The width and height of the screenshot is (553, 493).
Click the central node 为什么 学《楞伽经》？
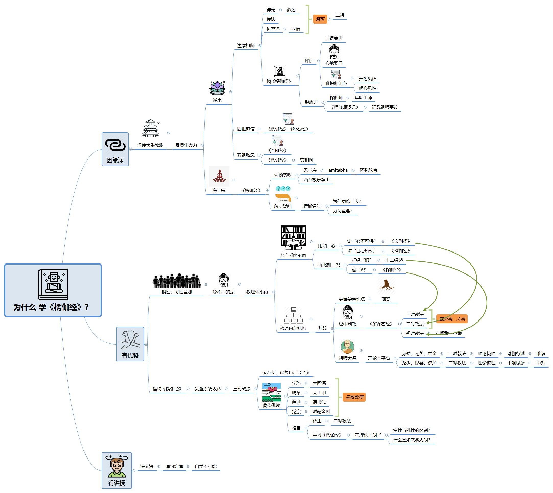tap(53, 290)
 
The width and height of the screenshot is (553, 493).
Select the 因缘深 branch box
tap(115, 149)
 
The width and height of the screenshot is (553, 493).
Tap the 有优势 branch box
tap(130, 344)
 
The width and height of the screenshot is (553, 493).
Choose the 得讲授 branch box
tap(117, 471)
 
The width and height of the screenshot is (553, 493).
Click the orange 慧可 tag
tap(320, 19)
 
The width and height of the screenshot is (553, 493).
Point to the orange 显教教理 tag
tap(354, 397)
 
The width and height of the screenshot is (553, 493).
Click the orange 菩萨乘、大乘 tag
tap(452, 319)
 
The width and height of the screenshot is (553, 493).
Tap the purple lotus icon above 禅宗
tap(218, 88)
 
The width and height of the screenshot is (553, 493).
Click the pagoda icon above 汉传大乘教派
tap(151, 128)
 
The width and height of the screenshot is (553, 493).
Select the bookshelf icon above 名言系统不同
tap(293, 238)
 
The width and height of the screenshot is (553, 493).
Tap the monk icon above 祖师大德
tap(347, 347)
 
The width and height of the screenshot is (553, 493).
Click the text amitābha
tap(338, 170)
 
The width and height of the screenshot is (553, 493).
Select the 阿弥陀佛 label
tap(368, 170)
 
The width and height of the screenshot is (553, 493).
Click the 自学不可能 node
tap(206, 466)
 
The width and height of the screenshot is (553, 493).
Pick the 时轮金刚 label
tap(321, 411)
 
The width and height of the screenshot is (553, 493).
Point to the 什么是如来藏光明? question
tap(412, 440)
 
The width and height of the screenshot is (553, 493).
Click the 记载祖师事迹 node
tap(385, 107)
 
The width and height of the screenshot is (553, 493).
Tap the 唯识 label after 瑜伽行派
tap(541, 353)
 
